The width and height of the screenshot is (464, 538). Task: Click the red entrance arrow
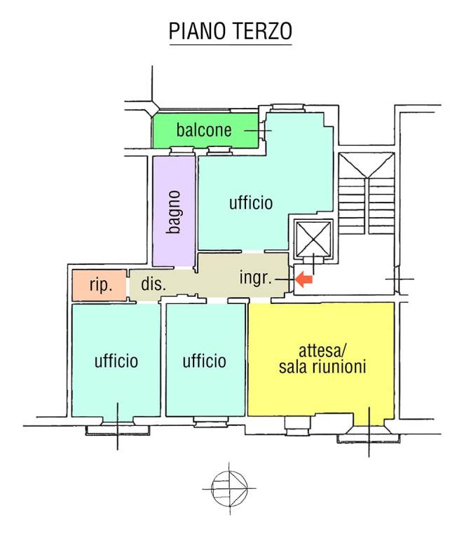tap(303, 280)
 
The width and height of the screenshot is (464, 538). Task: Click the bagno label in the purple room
tap(175, 212)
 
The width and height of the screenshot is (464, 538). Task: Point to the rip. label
tap(101, 286)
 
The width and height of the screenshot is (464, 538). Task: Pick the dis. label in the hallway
tap(153, 284)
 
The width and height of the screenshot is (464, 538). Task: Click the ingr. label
tap(255, 278)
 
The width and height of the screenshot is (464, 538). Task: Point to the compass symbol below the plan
tap(230, 485)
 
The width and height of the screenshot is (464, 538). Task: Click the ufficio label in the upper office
tap(250, 203)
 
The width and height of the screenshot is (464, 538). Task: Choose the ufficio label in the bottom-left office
tap(116, 361)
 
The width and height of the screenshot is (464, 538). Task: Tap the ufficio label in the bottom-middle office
tap(204, 361)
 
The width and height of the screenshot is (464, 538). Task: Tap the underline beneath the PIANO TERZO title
tap(231, 46)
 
